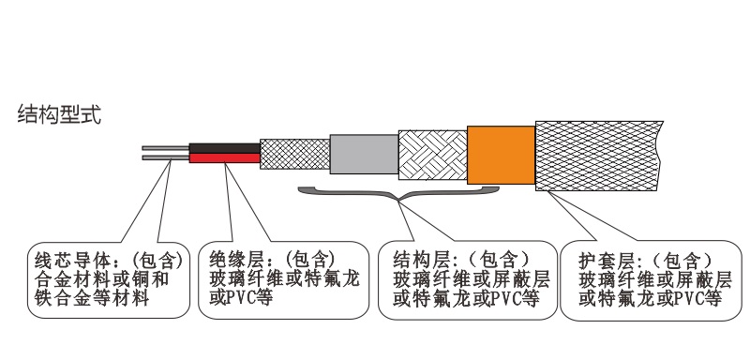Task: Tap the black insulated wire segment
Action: click(224, 148)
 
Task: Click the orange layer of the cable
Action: click(499, 155)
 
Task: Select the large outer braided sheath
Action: click(600, 155)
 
